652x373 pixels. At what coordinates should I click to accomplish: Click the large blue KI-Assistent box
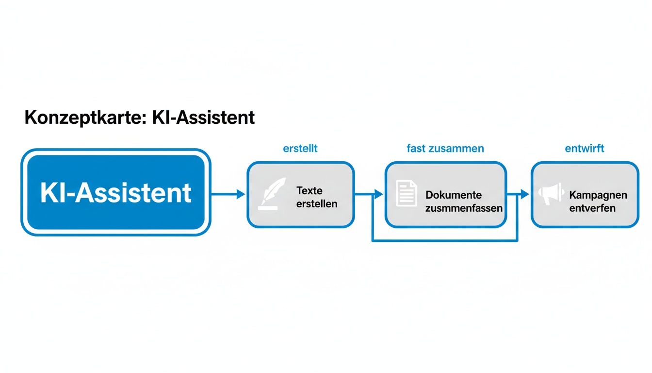(115, 192)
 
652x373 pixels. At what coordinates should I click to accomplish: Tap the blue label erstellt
(300, 149)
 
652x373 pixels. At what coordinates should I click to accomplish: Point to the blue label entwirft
(585, 149)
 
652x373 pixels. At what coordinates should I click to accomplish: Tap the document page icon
(406, 193)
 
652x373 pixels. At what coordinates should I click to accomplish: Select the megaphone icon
(551, 193)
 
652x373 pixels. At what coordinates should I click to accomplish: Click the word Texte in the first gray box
(310, 190)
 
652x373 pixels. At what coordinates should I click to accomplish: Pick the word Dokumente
(454, 195)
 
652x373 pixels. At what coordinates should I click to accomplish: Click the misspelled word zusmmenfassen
(464, 208)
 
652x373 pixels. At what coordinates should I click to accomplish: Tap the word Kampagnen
(598, 195)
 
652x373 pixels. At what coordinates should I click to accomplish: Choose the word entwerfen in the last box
(592, 208)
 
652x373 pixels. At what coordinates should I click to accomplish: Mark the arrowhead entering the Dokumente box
(379, 194)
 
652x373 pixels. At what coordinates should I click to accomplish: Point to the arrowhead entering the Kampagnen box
(525, 194)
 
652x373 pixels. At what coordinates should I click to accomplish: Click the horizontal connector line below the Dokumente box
(444, 240)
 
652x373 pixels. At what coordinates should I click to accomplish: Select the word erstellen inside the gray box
(316, 203)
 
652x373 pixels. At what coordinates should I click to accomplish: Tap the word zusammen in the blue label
(456, 149)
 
